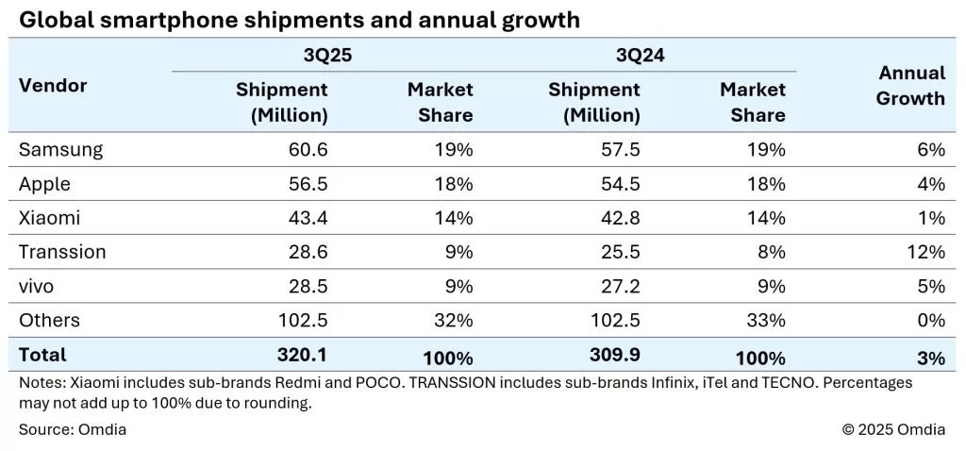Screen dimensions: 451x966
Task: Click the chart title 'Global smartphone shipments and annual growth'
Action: pyautogui.click(x=298, y=20)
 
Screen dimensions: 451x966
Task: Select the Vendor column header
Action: pyautogui.click(x=53, y=86)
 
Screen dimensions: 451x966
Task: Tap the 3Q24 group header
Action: pyautogui.click(x=640, y=55)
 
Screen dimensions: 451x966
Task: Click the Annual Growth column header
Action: pyautogui.click(x=910, y=86)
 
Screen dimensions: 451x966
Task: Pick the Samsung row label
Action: pyautogui.click(x=60, y=149)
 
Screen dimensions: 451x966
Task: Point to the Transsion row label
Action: pyautogui.click(x=62, y=252)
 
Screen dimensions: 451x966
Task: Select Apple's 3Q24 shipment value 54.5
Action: pyautogui.click(x=621, y=184)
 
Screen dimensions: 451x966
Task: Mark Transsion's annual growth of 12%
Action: pyautogui.click(x=926, y=252)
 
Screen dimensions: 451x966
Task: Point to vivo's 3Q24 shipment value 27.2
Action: pyautogui.click(x=621, y=286)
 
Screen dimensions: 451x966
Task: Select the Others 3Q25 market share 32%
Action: pyautogui.click(x=454, y=321)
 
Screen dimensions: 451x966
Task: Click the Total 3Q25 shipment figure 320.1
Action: pyautogui.click(x=304, y=355)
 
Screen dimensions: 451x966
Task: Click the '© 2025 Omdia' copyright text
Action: pyautogui.click(x=893, y=430)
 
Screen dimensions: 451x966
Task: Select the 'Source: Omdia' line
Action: pyautogui.click(x=73, y=430)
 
